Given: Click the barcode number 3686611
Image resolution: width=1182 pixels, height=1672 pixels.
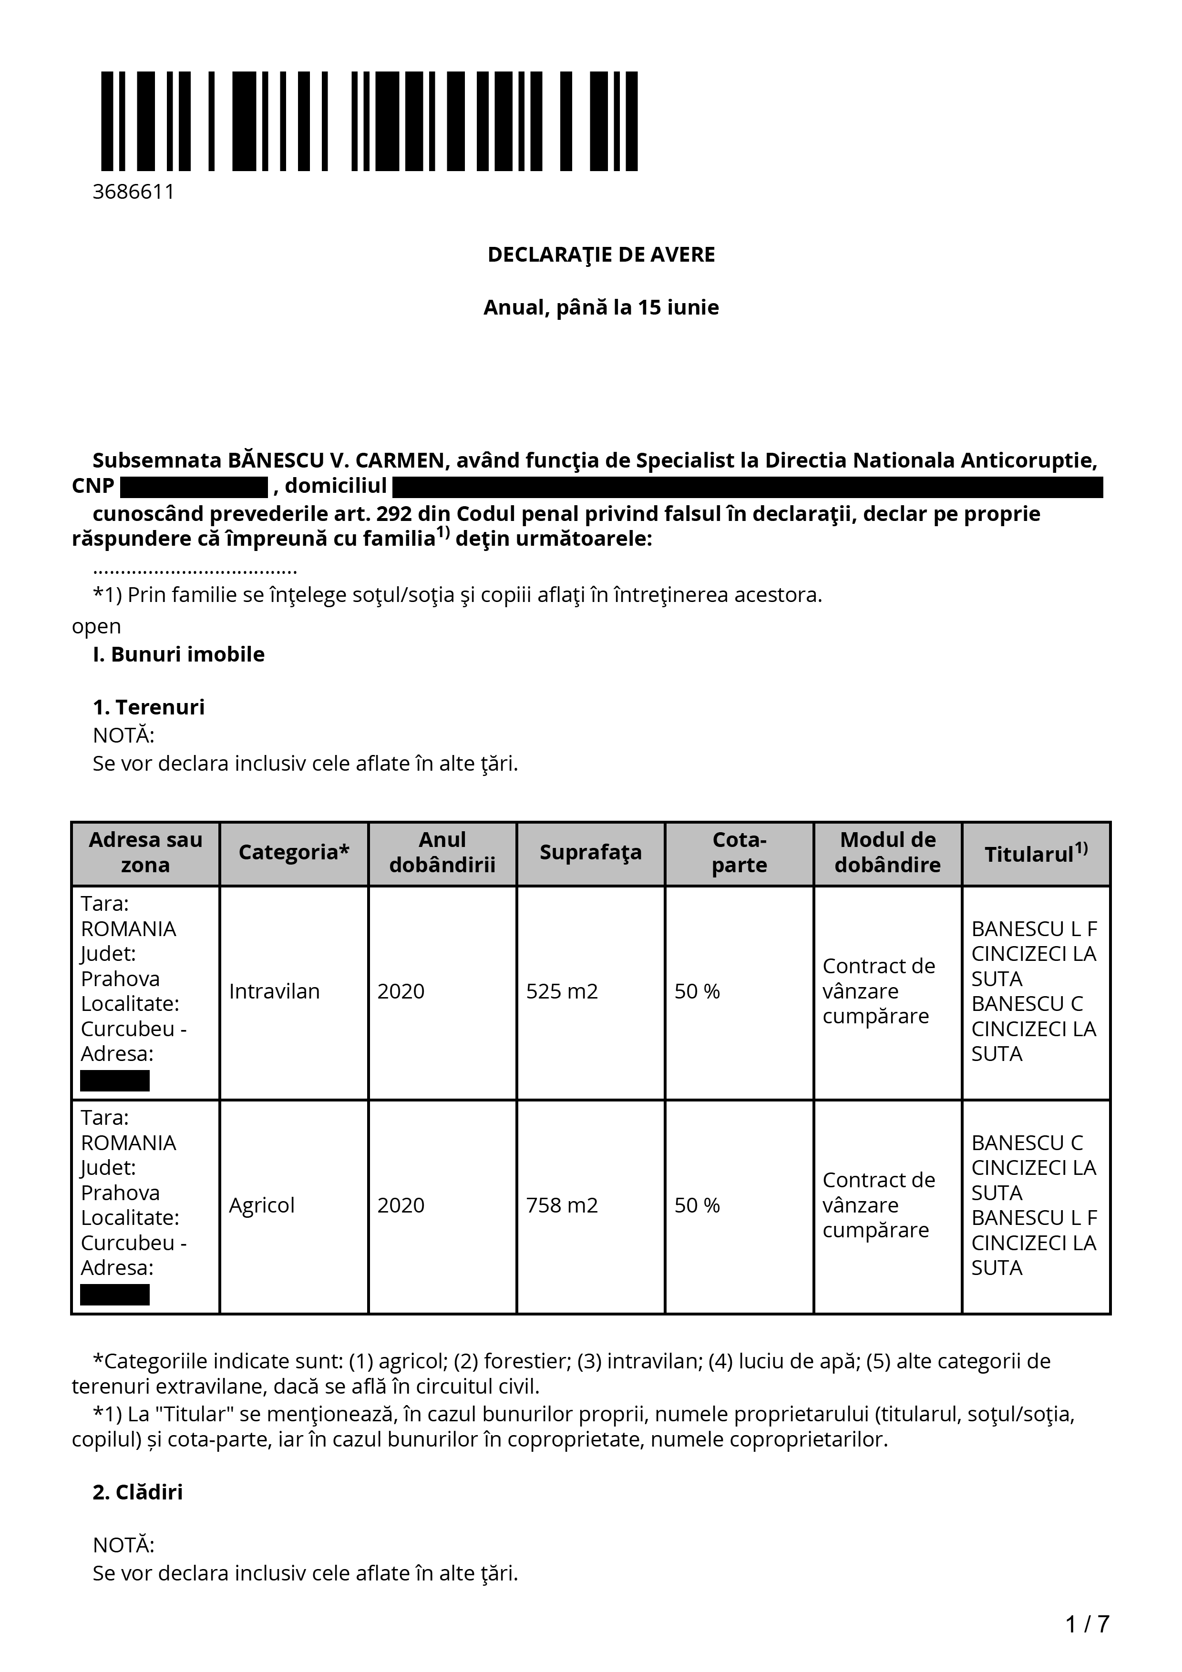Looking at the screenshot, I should (x=134, y=192).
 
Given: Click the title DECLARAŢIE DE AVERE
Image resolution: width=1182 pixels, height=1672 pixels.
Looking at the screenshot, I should (x=601, y=255).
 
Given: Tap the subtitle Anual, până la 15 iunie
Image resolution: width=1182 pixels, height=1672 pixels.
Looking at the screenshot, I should (x=601, y=307).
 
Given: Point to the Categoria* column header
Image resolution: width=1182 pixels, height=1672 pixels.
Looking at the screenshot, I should (x=294, y=852).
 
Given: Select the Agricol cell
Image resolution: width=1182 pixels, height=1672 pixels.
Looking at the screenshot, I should (x=261, y=1205).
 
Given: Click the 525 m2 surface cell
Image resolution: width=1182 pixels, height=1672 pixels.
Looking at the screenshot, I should (x=562, y=991).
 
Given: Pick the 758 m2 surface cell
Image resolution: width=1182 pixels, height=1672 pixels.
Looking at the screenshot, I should (x=562, y=1205).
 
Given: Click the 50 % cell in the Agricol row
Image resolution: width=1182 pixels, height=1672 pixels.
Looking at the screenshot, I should (x=696, y=1205).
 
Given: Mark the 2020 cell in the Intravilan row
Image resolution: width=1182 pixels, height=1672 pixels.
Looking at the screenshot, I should (x=401, y=991).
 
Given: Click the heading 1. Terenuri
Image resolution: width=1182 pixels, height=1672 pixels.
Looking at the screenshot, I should (x=149, y=707).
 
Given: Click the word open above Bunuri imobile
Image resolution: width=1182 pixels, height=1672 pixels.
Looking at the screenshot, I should (x=96, y=626).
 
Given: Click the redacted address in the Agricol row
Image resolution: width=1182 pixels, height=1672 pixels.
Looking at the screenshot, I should (x=114, y=1295).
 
